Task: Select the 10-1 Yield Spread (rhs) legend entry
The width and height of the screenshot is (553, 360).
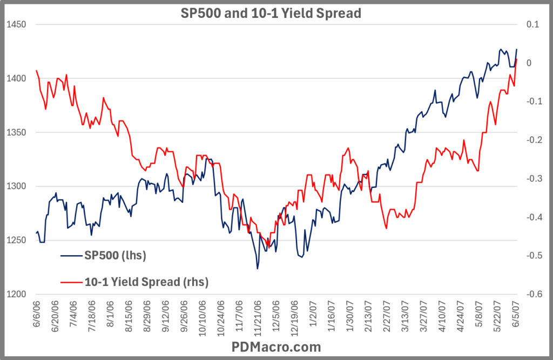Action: point(145,282)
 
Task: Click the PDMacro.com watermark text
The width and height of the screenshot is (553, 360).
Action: point(276,347)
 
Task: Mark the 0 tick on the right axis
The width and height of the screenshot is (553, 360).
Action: point(529,63)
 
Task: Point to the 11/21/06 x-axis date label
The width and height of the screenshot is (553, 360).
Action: point(257,317)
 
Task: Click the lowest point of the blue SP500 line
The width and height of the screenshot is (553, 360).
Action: point(257,269)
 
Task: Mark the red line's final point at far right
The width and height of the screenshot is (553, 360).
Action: point(516,59)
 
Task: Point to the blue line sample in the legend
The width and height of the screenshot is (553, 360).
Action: point(71,255)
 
